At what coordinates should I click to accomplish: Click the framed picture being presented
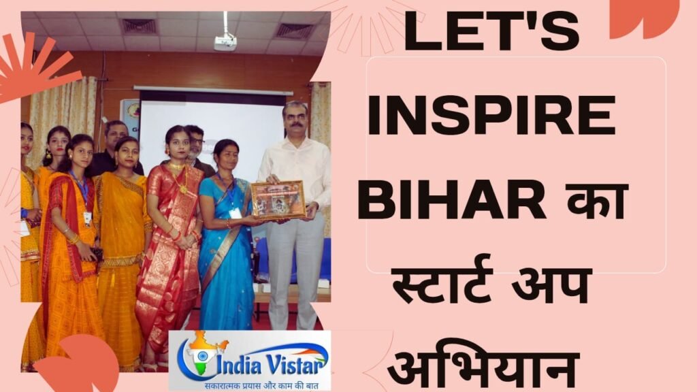pos(277,200)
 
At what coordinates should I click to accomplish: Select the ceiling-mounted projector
pos(225,42)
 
